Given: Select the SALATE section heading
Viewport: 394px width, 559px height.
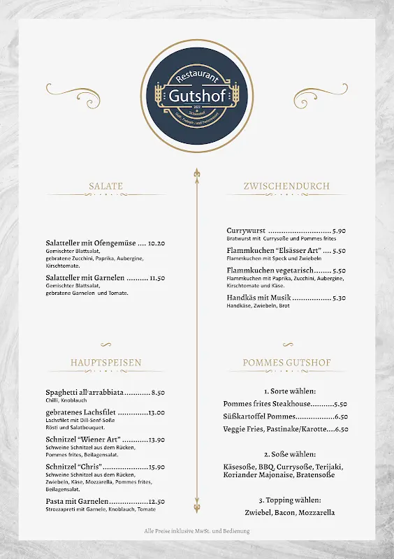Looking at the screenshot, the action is click(105, 187).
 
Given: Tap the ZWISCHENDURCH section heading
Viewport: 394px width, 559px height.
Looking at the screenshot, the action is click(286, 187).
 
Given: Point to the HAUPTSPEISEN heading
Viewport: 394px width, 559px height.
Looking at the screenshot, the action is click(105, 363).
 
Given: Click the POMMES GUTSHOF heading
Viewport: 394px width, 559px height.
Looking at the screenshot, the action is click(286, 363).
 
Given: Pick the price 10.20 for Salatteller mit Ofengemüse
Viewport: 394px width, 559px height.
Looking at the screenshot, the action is click(156, 243).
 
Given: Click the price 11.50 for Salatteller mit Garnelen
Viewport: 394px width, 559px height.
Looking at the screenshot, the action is click(156, 277).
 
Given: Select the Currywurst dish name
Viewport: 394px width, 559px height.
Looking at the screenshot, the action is click(246, 231).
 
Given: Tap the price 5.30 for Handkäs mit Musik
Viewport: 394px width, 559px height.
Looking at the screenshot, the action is click(339, 298).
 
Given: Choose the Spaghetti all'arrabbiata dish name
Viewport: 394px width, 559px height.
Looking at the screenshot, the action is click(85, 393).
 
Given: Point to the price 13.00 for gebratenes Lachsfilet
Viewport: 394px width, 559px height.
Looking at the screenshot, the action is click(156, 413).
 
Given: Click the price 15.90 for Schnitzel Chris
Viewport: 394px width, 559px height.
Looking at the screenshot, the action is click(156, 467).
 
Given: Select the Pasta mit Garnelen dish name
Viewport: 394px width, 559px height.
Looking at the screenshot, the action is click(77, 502).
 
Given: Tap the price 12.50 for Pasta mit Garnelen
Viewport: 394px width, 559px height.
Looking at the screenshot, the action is click(156, 502).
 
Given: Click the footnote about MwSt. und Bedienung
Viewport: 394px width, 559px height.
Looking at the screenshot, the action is click(196, 531).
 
